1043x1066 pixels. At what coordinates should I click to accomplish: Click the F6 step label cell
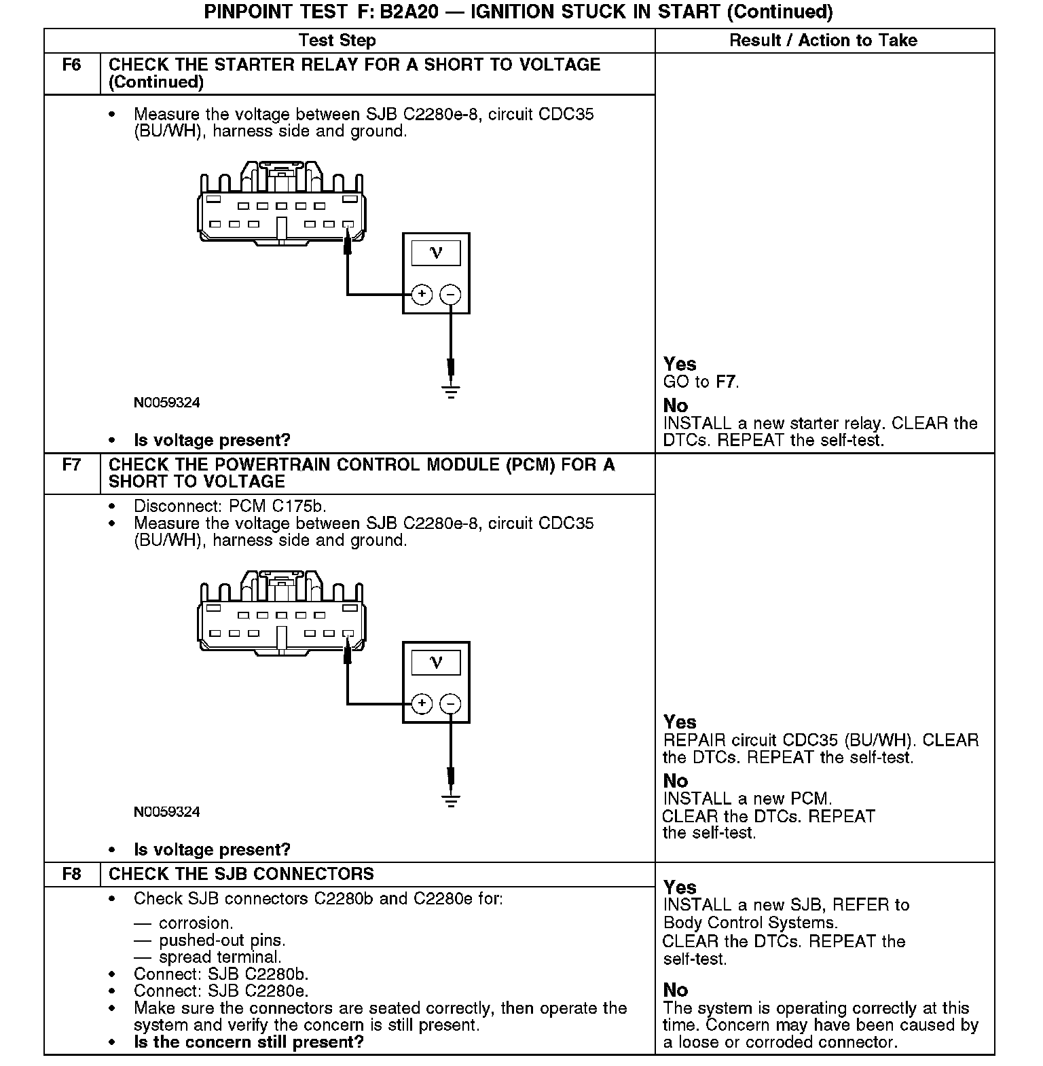click(x=71, y=65)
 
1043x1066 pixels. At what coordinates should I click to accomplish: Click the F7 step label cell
click(x=71, y=465)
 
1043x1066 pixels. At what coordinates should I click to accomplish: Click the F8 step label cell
click(x=71, y=874)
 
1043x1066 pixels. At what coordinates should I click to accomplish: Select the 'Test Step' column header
click(x=337, y=41)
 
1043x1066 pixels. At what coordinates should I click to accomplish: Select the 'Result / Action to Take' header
click(x=823, y=41)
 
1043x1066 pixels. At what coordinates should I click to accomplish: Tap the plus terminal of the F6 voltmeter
click(x=422, y=294)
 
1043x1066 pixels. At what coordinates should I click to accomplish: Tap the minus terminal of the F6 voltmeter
click(x=450, y=294)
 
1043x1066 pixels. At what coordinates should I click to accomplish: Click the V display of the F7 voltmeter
click(x=436, y=662)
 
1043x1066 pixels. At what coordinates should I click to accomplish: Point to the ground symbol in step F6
click(x=451, y=390)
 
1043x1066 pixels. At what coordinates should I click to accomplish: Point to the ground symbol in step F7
click(x=451, y=799)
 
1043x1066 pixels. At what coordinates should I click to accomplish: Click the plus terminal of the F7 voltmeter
click(x=422, y=703)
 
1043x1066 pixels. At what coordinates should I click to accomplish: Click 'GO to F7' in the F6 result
click(x=701, y=382)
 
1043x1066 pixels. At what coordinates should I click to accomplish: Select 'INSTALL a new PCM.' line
click(x=747, y=798)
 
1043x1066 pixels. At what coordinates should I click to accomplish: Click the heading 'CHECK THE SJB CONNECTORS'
click(x=241, y=874)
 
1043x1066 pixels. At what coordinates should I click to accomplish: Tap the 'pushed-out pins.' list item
click(x=222, y=940)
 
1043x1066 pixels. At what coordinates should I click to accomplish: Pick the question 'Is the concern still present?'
click(x=249, y=1042)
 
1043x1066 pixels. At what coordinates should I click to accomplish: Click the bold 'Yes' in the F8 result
click(x=680, y=887)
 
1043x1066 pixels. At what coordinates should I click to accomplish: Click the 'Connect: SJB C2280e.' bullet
click(x=221, y=991)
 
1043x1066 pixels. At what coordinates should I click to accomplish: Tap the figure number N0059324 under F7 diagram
click(x=167, y=812)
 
